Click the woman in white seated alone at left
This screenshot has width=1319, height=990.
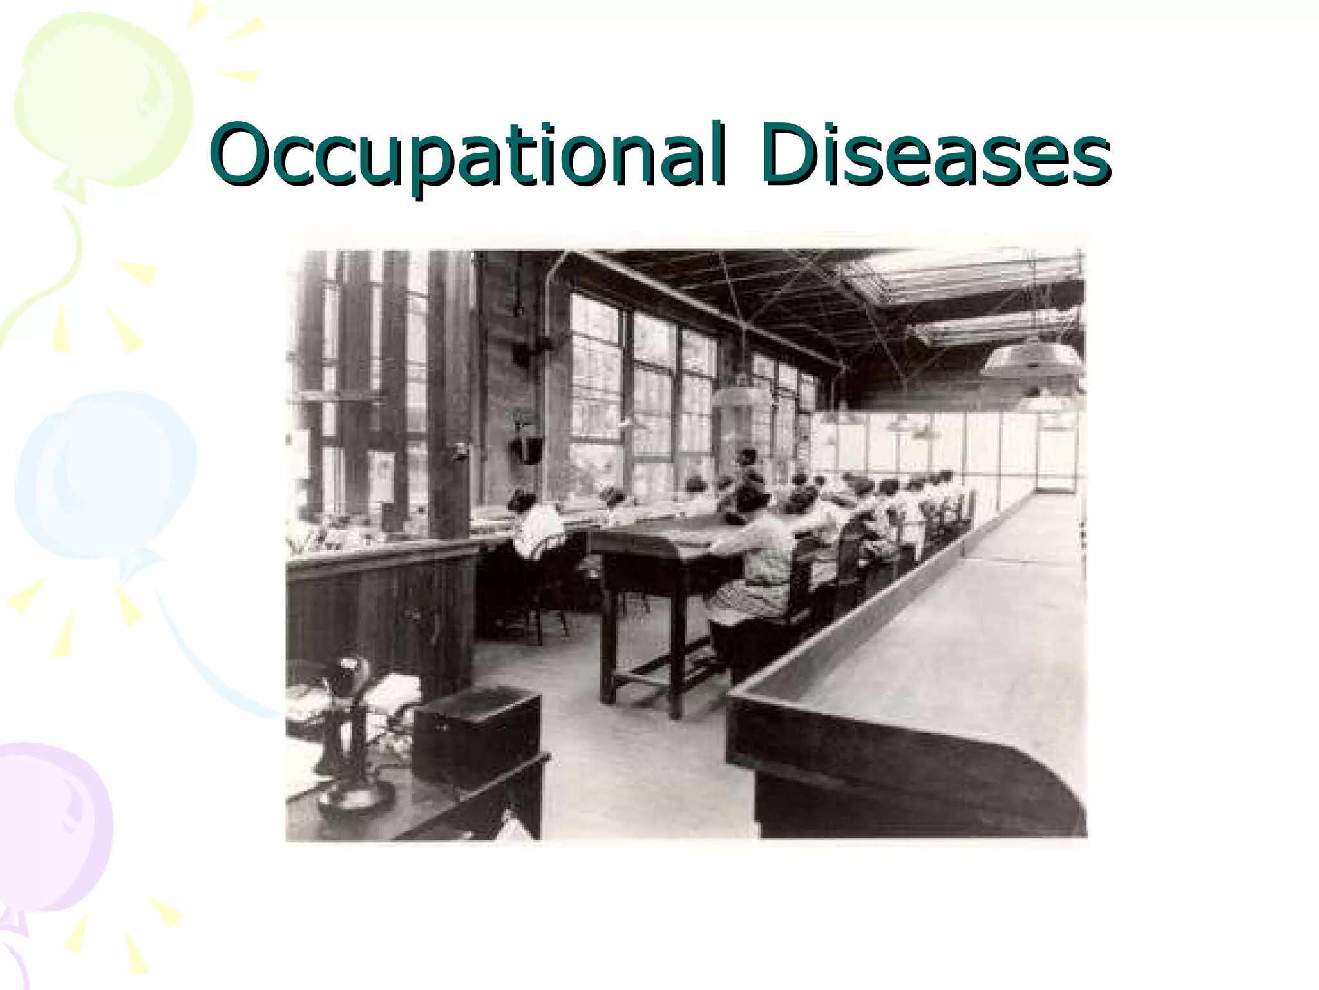pos(538,529)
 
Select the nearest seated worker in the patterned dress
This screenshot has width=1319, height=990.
pos(760,561)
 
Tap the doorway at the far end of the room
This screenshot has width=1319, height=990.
pos(1056,451)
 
